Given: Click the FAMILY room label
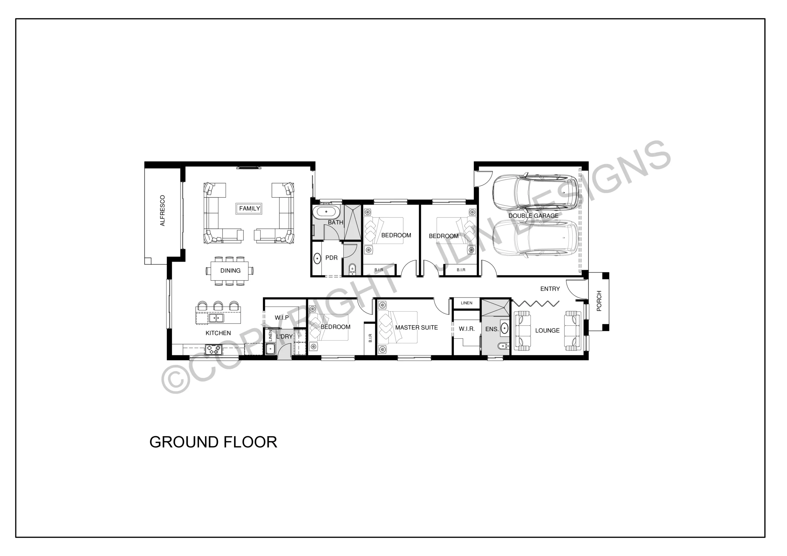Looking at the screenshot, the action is (250, 208).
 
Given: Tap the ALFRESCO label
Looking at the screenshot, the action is (163, 211).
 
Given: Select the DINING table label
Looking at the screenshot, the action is (230, 270).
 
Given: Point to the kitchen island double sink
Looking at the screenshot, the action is (216, 318).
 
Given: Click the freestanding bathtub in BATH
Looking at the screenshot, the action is (326, 212).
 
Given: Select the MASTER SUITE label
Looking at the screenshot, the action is (417, 327).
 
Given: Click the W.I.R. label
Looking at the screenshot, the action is (467, 329).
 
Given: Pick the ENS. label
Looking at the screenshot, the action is (492, 329).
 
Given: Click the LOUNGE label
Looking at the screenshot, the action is (548, 330).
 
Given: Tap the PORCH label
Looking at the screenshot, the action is (599, 301).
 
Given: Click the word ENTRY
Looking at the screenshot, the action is (550, 289).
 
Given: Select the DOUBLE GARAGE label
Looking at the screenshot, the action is (533, 216).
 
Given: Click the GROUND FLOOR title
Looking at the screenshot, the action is (213, 442).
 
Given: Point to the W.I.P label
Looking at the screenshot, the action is (282, 318).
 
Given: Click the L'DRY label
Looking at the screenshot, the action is (284, 337).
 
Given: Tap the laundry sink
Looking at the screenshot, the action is (271, 349).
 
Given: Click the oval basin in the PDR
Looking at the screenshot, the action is (317, 258).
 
